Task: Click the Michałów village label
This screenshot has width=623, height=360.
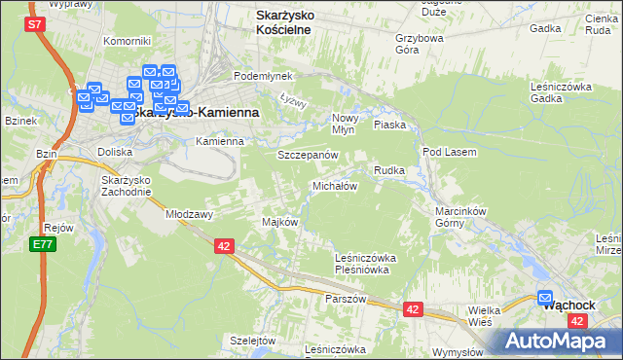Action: pos(335,186)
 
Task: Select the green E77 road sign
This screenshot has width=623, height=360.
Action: pos(42,244)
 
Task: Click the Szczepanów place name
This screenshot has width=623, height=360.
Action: pos(308,156)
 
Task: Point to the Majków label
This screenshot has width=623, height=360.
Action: pos(279,222)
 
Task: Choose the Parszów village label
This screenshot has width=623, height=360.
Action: pos(346,299)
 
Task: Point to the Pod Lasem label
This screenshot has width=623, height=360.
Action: pos(449,152)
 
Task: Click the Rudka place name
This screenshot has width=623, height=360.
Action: pos(388,170)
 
